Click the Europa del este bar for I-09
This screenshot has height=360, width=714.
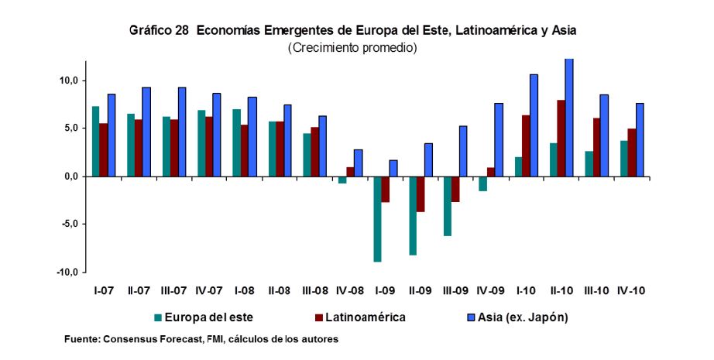[376, 219]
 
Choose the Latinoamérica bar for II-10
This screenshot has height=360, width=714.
[561, 139]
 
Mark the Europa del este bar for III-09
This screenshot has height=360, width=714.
[447, 206]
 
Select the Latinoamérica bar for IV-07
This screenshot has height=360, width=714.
[209, 147]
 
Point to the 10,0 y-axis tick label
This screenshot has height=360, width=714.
[68, 80]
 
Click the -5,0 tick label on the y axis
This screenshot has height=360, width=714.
[68, 225]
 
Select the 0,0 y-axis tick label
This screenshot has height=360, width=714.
[70, 177]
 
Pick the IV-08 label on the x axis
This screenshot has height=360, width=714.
[350, 291]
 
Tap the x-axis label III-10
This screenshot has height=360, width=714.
[596, 291]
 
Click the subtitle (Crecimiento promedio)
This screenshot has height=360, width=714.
[352, 48]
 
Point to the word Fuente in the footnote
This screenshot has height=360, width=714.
[81, 339]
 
